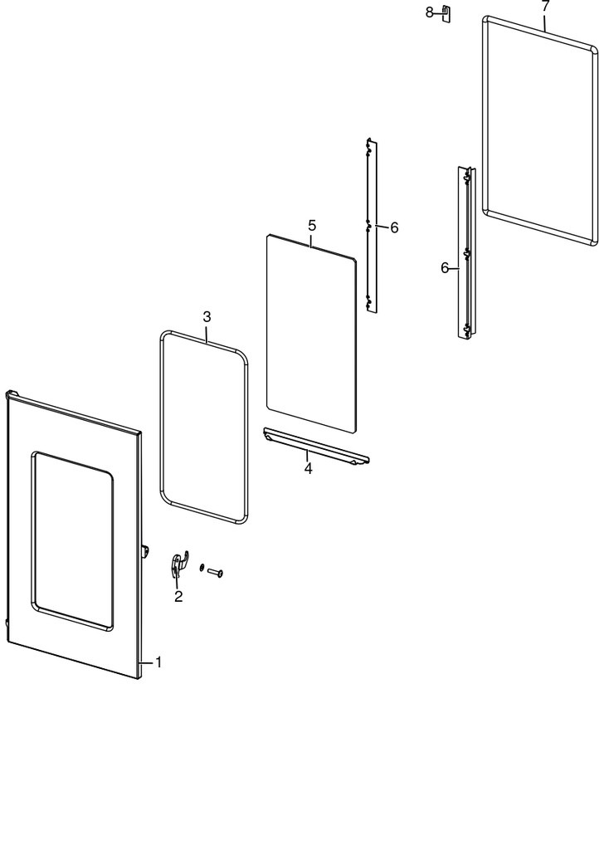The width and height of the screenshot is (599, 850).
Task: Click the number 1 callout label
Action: [158, 662]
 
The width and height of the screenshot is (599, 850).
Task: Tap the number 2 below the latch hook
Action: [178, 596]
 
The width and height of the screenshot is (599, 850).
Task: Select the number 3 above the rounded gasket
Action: [207, 316]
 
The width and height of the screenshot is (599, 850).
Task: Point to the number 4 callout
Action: [308, 468]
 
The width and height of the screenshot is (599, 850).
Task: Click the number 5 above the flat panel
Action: [312, 226]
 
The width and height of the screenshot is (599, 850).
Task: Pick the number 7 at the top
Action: [545, 6]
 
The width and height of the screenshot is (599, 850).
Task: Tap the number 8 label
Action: [430, 12]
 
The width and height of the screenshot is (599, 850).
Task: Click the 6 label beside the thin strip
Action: [394, 227]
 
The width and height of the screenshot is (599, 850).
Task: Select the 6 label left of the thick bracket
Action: [445, 268]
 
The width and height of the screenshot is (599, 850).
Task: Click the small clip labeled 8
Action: [446, 13]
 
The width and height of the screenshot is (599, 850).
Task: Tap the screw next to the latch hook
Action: [216, 572]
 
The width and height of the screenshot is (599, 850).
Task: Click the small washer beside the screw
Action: [202, 567]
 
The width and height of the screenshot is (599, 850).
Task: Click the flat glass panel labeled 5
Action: [311, 333]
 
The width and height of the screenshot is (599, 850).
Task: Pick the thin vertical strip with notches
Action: [372, 226]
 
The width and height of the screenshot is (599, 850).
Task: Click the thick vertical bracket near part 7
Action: [466, 253]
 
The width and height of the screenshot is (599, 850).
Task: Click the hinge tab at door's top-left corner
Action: [12, 393]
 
